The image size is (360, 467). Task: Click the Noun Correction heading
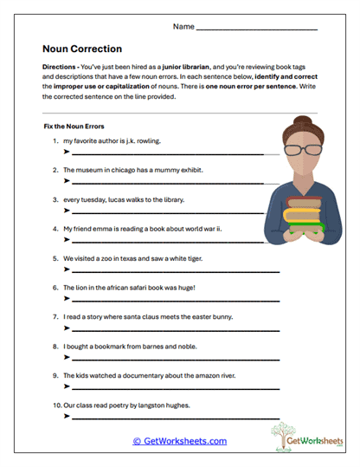(x=82, y=49)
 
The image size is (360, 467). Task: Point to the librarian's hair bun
(x=303, y=118)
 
